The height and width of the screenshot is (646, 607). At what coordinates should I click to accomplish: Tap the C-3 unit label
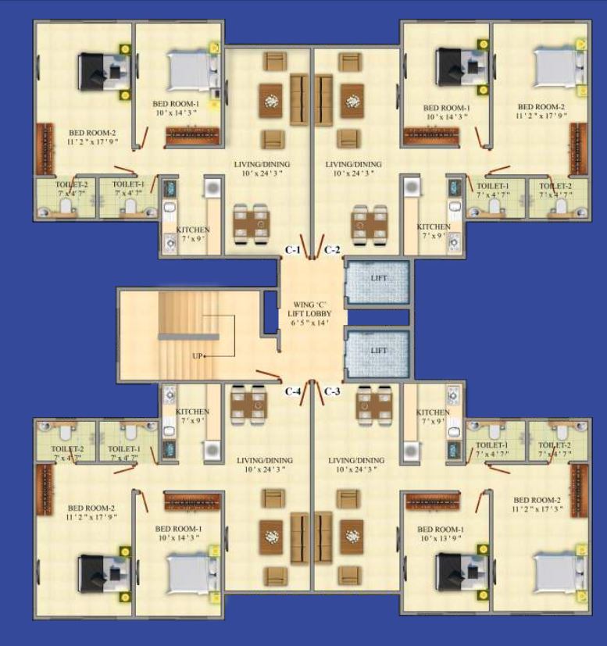pos(331,391)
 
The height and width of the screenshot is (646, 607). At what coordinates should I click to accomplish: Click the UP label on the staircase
pos(198,356)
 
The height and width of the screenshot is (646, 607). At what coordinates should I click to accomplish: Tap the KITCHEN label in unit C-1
pos(192,230)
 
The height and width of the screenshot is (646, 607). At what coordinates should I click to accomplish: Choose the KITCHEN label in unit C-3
pos(433,412)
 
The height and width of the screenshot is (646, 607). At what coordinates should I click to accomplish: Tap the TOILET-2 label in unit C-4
pos(67,449)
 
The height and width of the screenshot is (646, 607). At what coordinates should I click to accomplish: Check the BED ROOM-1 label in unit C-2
pos(446,108)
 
